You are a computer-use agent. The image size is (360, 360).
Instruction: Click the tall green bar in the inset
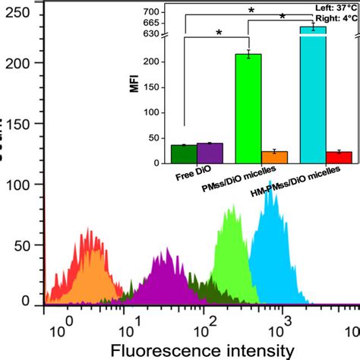coord(248,108)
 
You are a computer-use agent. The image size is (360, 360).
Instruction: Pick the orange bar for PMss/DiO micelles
coord(274,157)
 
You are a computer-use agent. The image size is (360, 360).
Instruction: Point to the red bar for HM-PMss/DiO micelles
coord(339,157)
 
